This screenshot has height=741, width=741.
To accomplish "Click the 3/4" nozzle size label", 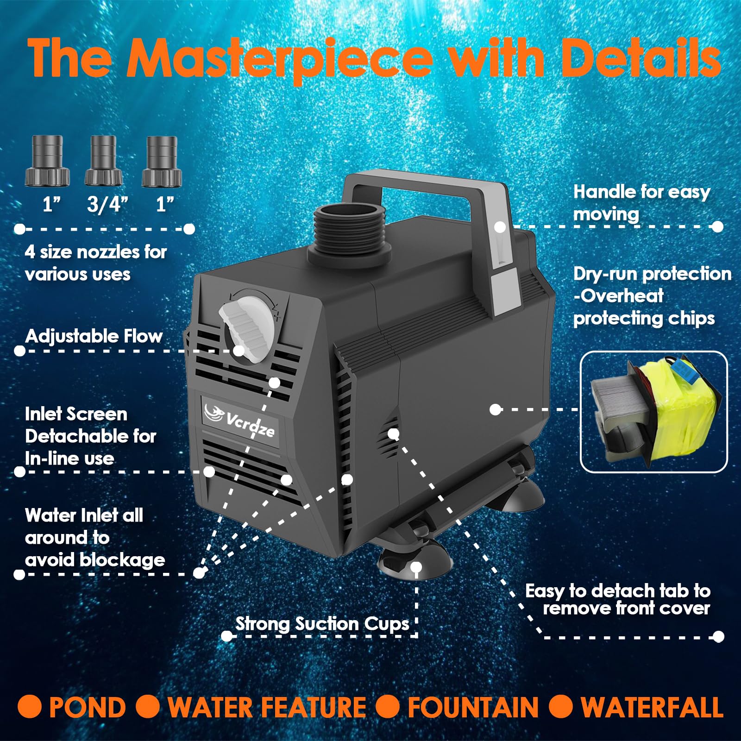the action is pos(107,204).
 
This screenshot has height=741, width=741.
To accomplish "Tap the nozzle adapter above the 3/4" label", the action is pos(104,160).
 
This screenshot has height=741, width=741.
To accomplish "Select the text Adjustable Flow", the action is pos(94,336).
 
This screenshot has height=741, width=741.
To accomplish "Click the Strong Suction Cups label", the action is pos(322,623).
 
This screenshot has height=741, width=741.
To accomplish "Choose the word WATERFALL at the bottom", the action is pos(652,708).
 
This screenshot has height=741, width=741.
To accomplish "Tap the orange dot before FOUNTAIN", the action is pos(388,707).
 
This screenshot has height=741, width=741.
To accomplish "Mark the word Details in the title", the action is pos(641,58).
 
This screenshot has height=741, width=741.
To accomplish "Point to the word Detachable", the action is pos(91,436).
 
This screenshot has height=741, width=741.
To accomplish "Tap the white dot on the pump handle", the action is pos(500,227).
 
